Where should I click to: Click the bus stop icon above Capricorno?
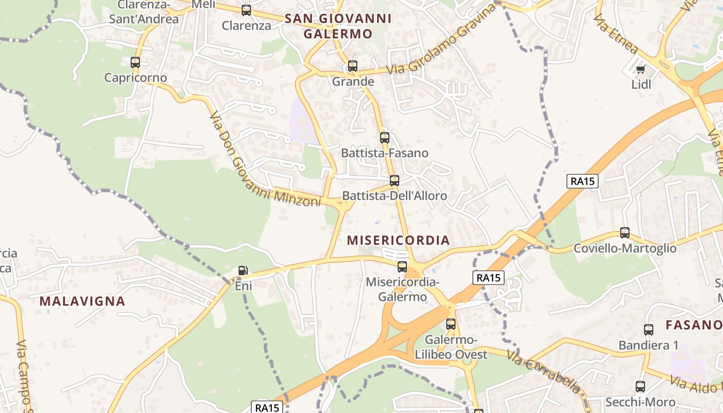click(135, 62)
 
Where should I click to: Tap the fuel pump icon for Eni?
click(243, 270)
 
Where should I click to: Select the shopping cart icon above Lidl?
click(641, 69)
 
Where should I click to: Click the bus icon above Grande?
click(353, 66)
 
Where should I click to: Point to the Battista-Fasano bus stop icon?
click(385, 138)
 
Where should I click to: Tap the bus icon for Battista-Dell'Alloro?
click(395, 181)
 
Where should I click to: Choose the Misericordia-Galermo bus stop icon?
click(402, 267)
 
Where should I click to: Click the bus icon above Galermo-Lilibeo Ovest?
click(451, 324)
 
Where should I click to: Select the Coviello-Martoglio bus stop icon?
click(625, 233)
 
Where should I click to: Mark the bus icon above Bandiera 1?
click(649, 330)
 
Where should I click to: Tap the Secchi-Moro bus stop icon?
click(640, 387)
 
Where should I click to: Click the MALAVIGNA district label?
click(83, 301)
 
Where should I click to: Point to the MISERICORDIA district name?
click(398, 241)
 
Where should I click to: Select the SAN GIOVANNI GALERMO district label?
click(338, 26)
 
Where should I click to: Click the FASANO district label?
click(694, 325)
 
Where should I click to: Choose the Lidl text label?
click(641, 84)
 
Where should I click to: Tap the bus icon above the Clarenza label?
click(246, 10)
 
